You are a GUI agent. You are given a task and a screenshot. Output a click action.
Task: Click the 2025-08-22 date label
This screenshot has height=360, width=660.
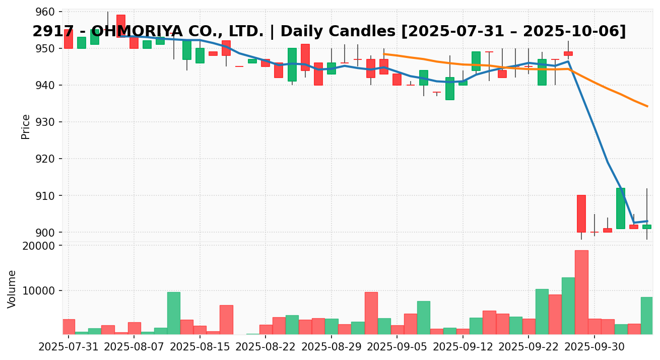pyautogui.click(x=266, y=347)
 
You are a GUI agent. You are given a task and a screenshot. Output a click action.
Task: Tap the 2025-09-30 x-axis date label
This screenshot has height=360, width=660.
pyautogui.click(x=595, y=347)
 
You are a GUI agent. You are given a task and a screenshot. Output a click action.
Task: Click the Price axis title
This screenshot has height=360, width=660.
pyautogui.click(x=26, y=126)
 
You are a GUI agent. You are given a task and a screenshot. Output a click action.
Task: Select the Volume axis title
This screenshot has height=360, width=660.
pyautogui.click(x=12, y=289)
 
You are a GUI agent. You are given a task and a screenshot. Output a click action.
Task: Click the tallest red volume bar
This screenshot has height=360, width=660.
pyautogui.click(x=581, y=292)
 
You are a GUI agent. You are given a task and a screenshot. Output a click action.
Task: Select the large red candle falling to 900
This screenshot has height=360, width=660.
pyautogui.click(x=581, y=213)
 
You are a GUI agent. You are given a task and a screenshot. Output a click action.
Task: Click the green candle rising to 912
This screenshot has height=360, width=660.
pyautogui.click(x=621, y=208)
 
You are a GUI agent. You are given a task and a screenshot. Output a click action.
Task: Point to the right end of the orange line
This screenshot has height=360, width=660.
pyautogui.click(x=647, y=106)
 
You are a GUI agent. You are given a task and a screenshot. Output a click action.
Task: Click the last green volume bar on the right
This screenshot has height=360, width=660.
pyautogui.click(x=647, y=316)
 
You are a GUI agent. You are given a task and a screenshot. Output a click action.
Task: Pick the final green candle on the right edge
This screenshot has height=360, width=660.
pyautogui.click(x=647, y=227)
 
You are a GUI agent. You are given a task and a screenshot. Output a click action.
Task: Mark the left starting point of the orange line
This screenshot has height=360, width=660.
pyautogui.click(x=384, y=54)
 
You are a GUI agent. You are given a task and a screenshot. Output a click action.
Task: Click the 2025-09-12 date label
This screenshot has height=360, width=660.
pyautogui.click(x=463, y=347)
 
